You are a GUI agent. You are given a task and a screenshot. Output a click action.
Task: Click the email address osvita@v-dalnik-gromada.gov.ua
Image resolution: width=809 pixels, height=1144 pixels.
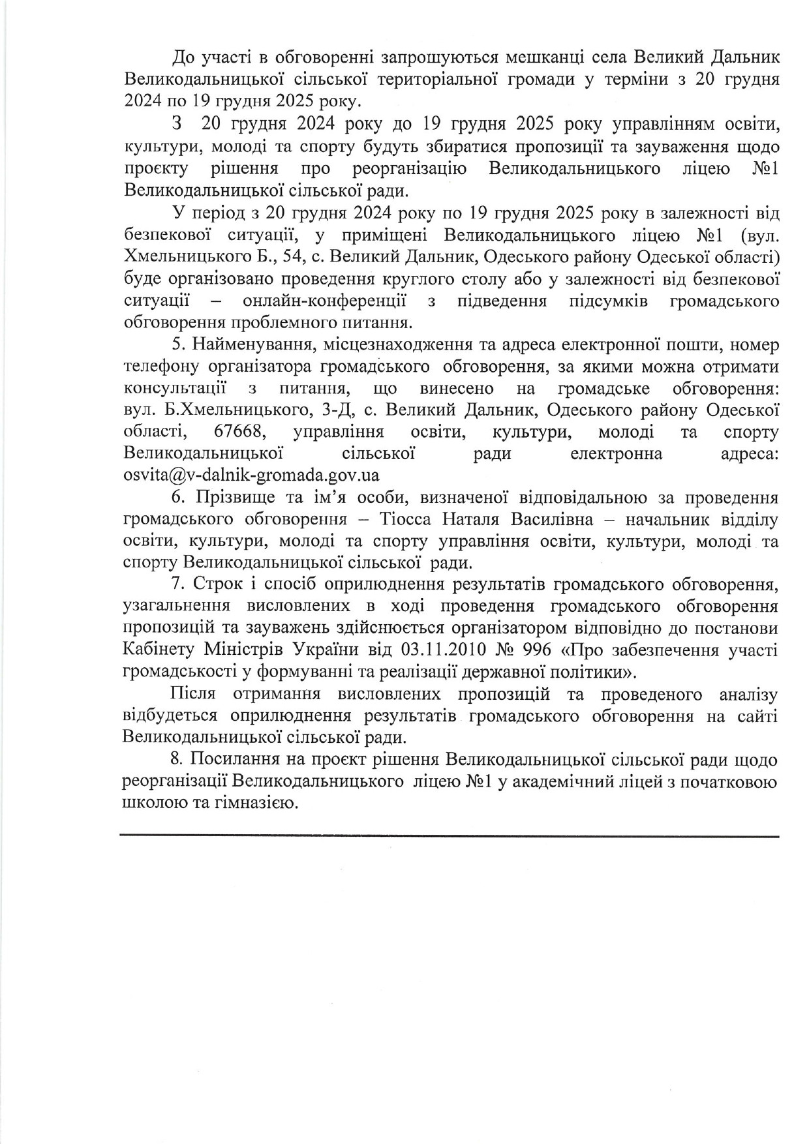tap(251, 475)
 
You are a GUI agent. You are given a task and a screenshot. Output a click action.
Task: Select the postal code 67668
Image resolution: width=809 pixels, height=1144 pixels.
tap(238, 432)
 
